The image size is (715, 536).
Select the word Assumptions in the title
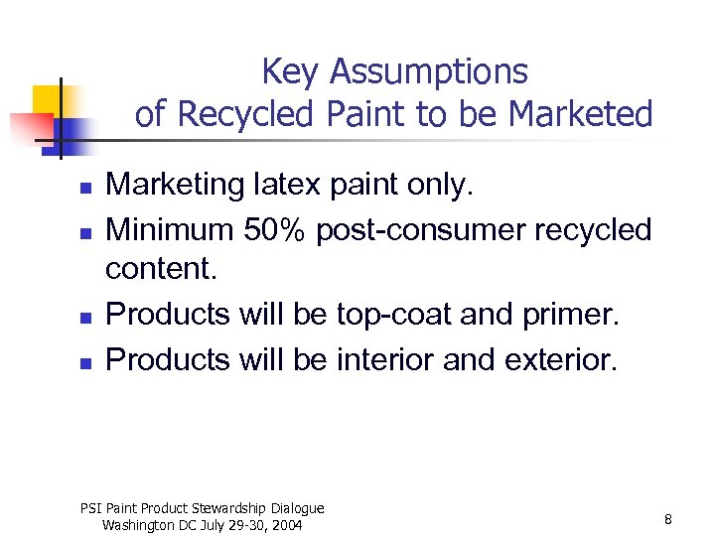[430, 72]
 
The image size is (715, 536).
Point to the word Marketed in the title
[580, 115]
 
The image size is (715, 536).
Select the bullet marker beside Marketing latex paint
[86, 187]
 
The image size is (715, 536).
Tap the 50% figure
[281, 230]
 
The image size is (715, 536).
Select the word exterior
[556, 359]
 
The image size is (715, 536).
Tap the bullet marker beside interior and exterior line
[86, 362]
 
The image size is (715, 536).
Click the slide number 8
[668, 519]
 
